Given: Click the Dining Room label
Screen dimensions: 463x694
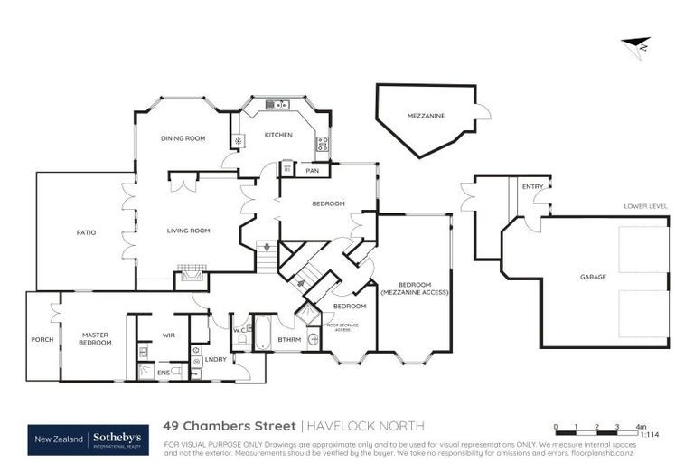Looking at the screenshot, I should coord(183,138).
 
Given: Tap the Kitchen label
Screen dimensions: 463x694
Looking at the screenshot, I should coord(277,135).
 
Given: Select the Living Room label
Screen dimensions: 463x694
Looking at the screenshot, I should coord(188,231).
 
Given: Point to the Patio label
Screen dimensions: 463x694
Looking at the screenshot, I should coord(86,233).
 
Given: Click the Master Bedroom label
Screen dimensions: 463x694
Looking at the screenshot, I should coord(95,338).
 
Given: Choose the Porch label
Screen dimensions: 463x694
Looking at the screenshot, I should coord(42,339).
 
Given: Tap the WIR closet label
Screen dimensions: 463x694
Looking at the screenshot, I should coord(168,335).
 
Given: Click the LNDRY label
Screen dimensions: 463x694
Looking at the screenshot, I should coord(215,360).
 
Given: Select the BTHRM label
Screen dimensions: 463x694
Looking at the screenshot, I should coord(289,340).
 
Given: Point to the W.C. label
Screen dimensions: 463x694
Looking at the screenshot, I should coord(239,330).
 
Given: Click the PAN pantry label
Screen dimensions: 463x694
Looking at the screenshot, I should coord(313,170).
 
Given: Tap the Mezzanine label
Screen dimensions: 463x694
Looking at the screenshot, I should coord(426,116).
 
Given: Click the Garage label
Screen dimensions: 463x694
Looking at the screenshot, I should coord(593,277).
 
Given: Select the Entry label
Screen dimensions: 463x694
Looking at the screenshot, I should coord(532,187).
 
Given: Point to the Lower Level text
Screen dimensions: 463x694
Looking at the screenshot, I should coord(645,206).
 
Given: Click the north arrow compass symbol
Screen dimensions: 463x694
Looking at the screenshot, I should coord(637,45).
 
